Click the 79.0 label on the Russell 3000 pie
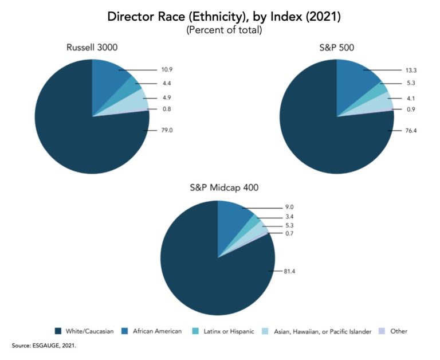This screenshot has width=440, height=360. click(x=166, y=131)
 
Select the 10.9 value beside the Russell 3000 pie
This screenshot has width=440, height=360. click(x=166, y=70)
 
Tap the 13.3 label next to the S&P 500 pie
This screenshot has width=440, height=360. click(x=411, y=70)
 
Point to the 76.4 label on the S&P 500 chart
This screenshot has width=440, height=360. click(x=411, y=131)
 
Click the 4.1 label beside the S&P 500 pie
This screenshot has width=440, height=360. click(x=411, y=98)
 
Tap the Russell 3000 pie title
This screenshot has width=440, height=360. click(x=92, y=48)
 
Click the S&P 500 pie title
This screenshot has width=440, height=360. click(x=337, y=48)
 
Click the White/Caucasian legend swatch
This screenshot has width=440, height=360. click(x=58, y=331)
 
